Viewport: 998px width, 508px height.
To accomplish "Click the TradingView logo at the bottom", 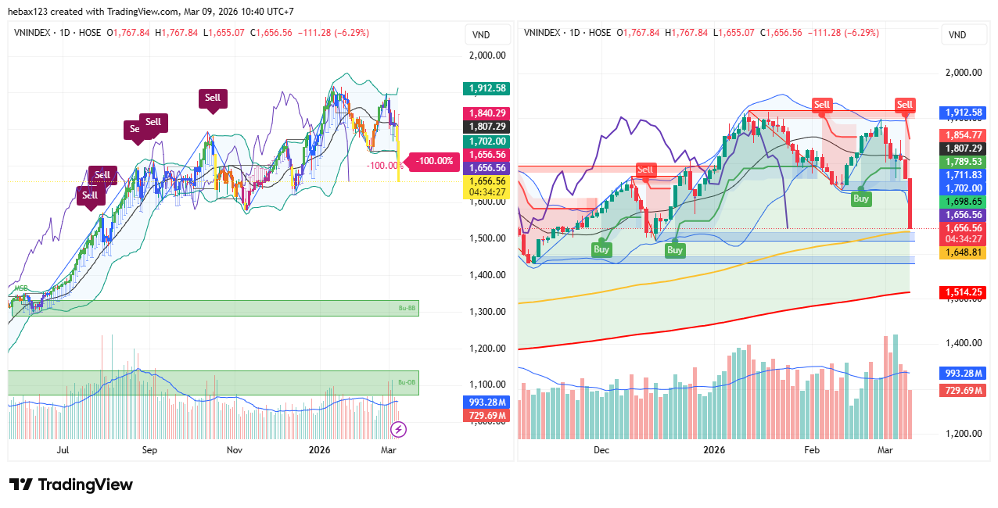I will tap(70, 485).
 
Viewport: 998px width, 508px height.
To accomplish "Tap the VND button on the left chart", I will tap(482, 35).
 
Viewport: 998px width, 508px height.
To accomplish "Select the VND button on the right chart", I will tap(957, 35).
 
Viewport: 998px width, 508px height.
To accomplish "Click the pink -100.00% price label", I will tap(434, 161).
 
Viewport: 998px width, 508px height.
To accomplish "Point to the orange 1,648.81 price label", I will tap(963, 252).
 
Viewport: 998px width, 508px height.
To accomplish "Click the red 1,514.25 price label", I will tap(963, 292).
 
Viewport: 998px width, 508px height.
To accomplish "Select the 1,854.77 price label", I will tap(963, 135).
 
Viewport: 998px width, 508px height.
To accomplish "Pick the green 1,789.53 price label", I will tap(963, 162).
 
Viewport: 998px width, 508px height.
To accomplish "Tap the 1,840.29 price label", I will tap(486, 113).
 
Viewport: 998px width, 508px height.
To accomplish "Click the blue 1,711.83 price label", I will tap(963, 175).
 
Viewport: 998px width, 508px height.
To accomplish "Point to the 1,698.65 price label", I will tap(963, 202).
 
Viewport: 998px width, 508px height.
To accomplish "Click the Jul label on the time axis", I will tap(63, 450).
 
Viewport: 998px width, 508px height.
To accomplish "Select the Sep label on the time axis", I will tap(149, 450).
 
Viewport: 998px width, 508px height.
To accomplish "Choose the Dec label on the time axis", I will tap(601, 450).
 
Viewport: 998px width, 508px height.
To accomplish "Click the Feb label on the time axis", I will tap(812, 450).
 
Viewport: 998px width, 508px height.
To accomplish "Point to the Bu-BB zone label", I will tap(407, 309).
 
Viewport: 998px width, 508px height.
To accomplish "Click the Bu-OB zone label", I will tap(407, 382).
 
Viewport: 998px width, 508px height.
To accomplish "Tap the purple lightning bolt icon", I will tap(398, 429).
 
